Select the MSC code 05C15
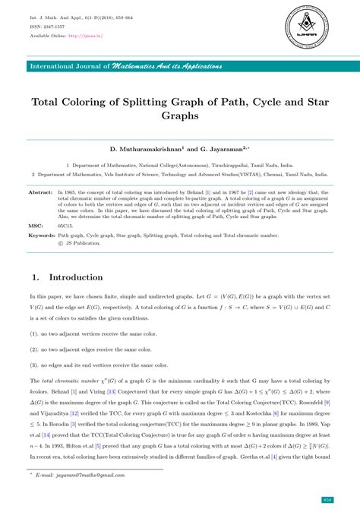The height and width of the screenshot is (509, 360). (65, 226)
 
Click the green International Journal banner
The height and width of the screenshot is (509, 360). (179, 66)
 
